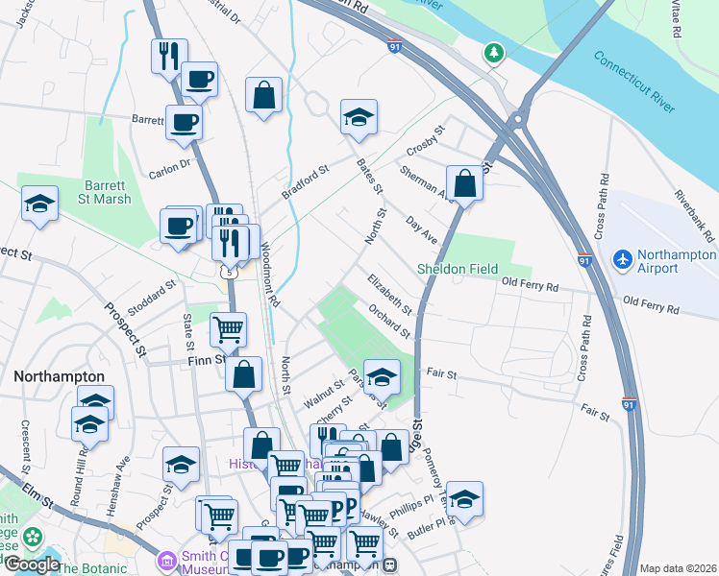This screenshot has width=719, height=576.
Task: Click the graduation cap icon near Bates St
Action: point(359,117)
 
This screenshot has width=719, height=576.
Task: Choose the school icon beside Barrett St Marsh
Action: point(39,204)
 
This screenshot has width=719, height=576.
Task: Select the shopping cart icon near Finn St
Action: point(229,330)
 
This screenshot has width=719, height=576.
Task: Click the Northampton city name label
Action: point(59,376)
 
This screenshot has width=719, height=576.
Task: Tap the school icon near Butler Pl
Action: point(464,499)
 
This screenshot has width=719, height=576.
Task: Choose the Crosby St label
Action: point(427,139)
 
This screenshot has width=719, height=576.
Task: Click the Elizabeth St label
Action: point(389,295)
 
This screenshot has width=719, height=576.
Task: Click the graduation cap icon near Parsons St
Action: point(382,377)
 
